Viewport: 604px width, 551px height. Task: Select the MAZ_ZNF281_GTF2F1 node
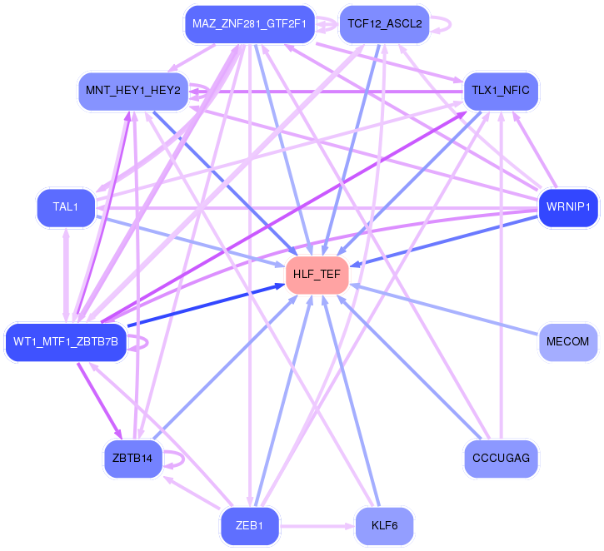click(x=249, y=24)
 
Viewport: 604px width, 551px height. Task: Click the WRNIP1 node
click(x=568, y=206)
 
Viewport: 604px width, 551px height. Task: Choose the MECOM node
click(x=567, y=341)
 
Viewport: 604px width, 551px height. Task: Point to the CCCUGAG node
click(x=501, y=458)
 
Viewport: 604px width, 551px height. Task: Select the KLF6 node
click(x=384, y=526)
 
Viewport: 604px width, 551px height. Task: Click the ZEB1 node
click(x=249, y=526)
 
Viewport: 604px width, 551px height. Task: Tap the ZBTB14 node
click(x=132, y=458)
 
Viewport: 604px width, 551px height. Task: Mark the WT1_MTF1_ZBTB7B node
click(x=66, y=341)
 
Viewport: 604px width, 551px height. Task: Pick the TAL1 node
click(x=66, y=206)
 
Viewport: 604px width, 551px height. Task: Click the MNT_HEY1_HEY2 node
click(x=132, y=90)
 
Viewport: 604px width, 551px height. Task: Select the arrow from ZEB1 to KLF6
click(x=317, y=527)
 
